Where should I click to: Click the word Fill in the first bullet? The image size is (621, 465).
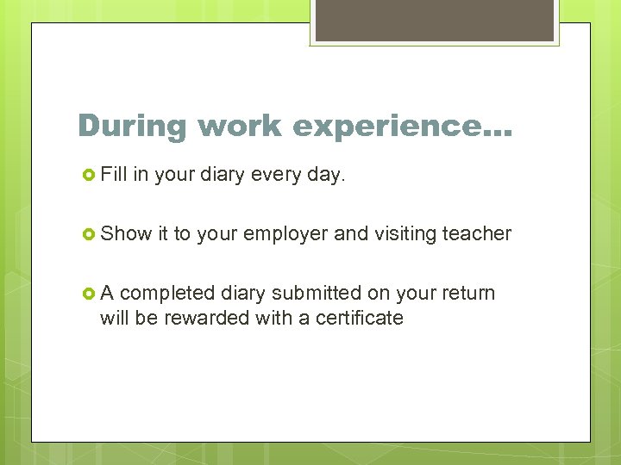[x=113, y=175]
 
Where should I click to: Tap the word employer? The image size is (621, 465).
[x=285, y=234]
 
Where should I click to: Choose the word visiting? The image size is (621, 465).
[x=405, y=233]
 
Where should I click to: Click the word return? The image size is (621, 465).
[x=467, y=294]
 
